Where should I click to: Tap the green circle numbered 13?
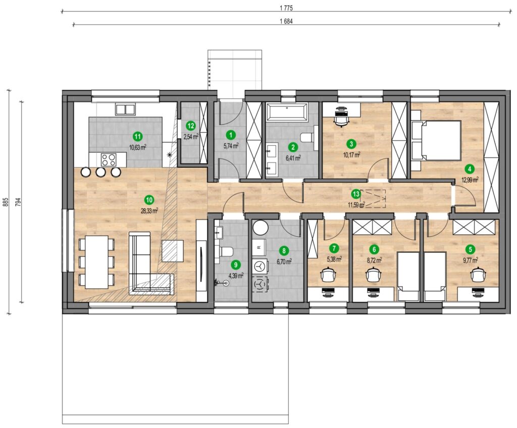pyautogui.click(x=356, y=194)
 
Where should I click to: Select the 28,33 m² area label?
pyautogui.click(x=149, y=210)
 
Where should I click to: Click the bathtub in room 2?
pyautogui.click(x=287, y=112)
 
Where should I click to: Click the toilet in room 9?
pyautogui.click(x=226, y=252)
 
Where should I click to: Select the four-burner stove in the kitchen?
pyautogui.click(x=109, y=161)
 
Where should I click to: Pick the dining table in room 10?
pyautogui.click(x=96, y=262)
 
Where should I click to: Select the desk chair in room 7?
pyautogui.click(x=328, y=275)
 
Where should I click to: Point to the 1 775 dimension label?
pyautogui.click(x=286, y=8)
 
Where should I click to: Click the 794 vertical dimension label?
pyautogui.click(x=19, y=202)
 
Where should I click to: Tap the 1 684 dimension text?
pyautogui.click(x=286, y=21)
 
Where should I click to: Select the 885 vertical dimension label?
pyautogui.click(x=5, y=202)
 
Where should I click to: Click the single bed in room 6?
pyautogui.click(x=408, y=276)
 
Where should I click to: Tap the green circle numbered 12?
pyautogui.click(x=190, y=125)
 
